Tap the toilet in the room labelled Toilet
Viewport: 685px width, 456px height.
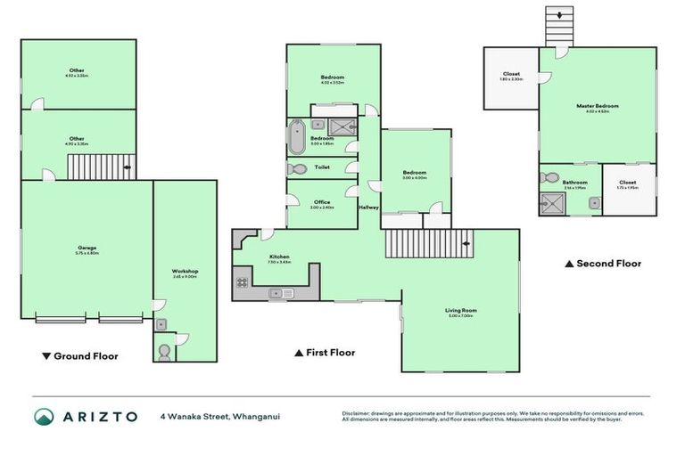point(297,168)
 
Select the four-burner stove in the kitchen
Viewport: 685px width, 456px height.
point(242,283)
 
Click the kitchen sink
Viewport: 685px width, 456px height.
point(281,293)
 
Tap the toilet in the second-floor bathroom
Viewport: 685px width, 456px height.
point(549,177)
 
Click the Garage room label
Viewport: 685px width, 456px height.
point(87,248)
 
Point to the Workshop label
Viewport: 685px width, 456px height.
point(185,271)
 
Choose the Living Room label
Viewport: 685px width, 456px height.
point(461,310)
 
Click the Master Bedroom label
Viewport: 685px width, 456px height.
point(597,106)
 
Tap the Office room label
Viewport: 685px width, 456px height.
point(321,202)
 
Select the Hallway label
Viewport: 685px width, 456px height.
point(368,208)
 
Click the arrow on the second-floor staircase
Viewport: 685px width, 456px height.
point(559,14)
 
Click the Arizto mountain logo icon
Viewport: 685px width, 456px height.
point(44,417)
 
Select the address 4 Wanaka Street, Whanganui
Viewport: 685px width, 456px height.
point(219,417)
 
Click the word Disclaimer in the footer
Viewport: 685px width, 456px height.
point(358,413)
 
